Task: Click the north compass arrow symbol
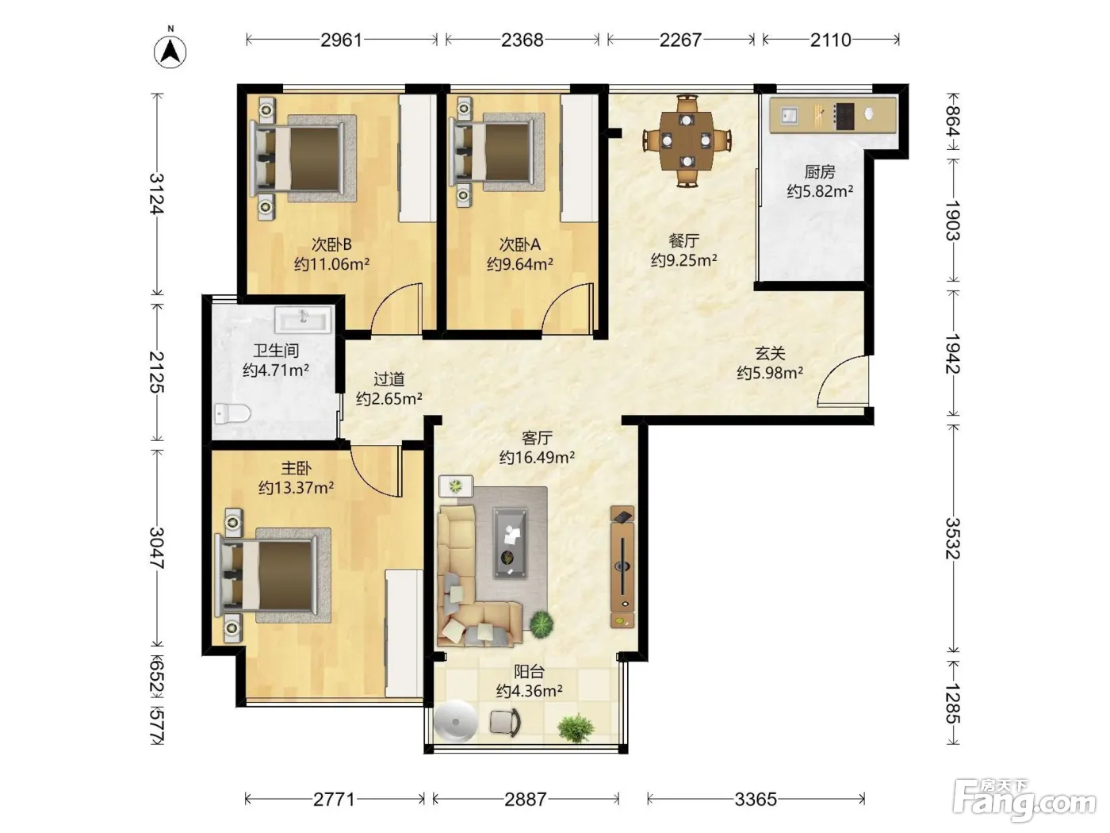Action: click(x=170, y=52)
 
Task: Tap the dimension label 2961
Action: click(x=342, y=40)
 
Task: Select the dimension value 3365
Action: click(x=756, y=799)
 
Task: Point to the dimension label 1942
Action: click(x=953, y=353)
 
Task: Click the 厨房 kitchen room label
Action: click(x=820, y=172)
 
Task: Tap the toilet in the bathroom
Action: click(x=232, y=413)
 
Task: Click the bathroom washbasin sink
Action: click(x=303, y=320)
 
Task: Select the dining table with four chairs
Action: click(x=687, y=140)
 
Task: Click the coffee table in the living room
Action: click(x=511, y=543)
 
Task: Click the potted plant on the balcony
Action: click(x=576, y=728)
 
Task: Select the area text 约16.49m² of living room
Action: click(x=537, y=457)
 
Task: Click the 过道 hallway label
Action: click(x=388, y=379)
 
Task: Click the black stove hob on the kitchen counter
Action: click(x=844, y=116)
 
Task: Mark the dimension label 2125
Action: click(x=157, y=372)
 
